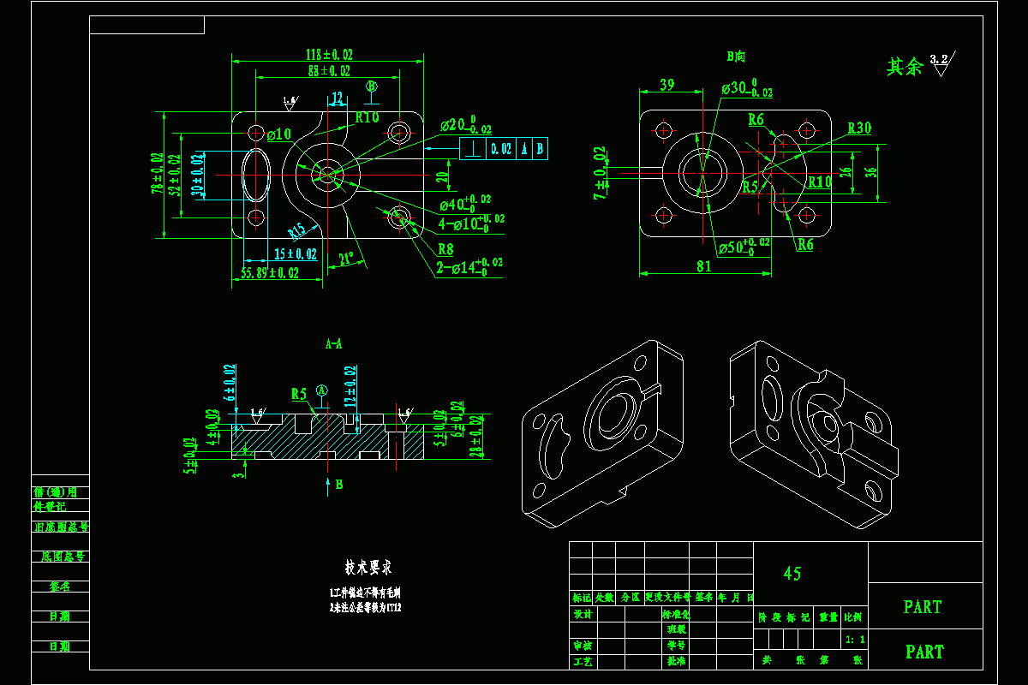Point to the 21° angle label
[346, 259]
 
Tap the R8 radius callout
[445, 249]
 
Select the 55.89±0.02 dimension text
[270, 273]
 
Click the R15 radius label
[296, 231]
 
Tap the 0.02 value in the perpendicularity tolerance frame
[501, 148]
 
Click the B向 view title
[735, 57]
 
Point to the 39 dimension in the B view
[666, 84]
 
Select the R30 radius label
[859, 128]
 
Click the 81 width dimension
[703, 266]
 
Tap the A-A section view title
[333, 344]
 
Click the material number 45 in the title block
[792, 574]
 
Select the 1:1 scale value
[854, 640]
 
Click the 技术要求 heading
[368, 567]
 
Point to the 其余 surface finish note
[904, 67]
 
